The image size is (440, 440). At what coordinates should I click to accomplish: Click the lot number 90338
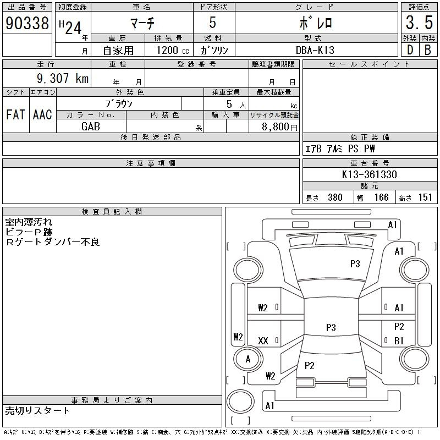point(27,23)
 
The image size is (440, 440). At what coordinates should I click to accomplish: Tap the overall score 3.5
point(419,23)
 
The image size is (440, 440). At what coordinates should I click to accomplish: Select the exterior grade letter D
point(410,50)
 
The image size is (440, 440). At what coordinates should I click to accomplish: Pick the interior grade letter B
point(428,50)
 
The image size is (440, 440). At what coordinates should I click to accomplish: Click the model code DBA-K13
point(315,50)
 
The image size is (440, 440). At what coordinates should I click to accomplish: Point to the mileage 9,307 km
point(63,78)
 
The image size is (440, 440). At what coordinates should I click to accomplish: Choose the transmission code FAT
point(15,114)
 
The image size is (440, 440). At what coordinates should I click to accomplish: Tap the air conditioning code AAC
point(42,114)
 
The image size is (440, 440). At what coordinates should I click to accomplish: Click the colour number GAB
point(91,127)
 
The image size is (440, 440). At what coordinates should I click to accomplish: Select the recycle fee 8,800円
point(279,127)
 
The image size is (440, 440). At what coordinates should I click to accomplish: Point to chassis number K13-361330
point(369,174)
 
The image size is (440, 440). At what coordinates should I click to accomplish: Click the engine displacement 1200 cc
point(173,50)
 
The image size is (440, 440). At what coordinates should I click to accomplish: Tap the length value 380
point(335,197)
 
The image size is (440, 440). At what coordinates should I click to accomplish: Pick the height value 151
point(425,197)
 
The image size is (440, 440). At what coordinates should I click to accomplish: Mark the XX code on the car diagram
point(263,341)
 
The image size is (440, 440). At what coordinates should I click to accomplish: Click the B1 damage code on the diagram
point(399,340)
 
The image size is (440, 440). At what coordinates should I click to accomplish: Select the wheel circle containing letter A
point(248,359)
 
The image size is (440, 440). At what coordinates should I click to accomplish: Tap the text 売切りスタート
point(37,411)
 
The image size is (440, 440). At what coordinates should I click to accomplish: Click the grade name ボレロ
point(316,23)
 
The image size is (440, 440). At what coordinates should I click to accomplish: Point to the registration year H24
point(70,28)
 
